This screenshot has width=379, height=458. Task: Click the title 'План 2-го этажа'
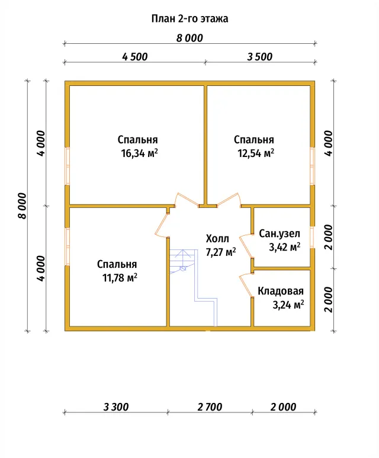coord(189,19)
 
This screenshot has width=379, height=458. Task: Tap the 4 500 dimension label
coord(134,57)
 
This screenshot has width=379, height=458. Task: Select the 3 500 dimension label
coord(259,57)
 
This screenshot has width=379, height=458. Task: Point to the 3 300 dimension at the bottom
coord(116,407)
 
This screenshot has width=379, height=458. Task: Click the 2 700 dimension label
coord(210,407)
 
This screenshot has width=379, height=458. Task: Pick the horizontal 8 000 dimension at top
coord(189,38)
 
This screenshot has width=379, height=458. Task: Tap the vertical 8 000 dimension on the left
coord(22,206)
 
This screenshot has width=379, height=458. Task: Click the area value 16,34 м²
coord(140,153)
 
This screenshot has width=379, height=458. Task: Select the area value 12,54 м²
coord(256,153)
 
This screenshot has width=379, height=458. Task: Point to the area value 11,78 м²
coord(120,277)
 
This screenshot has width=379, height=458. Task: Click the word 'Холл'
coord(217,239)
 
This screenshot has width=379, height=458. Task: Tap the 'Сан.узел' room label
coord(280,233)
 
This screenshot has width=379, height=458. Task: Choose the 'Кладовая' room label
coord(281,291)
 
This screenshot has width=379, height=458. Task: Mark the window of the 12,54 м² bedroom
coord(313,166)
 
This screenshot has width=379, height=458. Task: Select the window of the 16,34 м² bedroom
coord(67,166)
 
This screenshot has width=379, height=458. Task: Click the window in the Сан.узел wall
coord(313,237)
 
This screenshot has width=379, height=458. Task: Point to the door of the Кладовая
coord(246,286)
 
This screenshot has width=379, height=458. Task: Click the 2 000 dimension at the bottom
coord(283,407)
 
